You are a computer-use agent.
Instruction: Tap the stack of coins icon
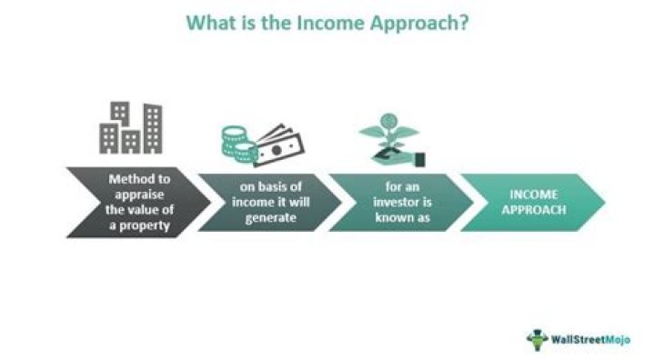[237, 141]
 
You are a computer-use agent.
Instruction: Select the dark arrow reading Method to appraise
[136, 201]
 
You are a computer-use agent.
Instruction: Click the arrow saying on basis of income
[267, 201]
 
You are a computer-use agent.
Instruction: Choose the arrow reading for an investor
[398, 201]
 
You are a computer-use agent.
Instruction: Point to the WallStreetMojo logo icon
[538, 339]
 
